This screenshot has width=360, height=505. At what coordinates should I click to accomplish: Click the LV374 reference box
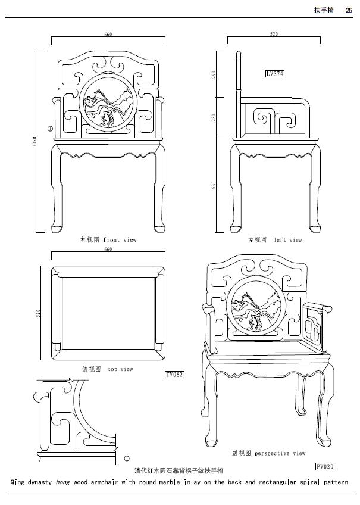point(275,74)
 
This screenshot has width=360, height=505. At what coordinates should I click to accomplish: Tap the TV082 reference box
point(174,375)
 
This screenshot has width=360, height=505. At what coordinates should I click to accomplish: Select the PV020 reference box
point(325,466)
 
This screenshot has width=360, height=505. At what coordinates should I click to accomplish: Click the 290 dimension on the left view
point(214,74)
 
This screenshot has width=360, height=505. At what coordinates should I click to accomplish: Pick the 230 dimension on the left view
point(214,117)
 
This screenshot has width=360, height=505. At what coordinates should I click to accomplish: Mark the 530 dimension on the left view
point(214,186)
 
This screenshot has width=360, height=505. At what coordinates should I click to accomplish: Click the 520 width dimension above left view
point(274,35)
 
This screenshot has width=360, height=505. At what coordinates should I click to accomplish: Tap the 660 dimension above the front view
point(108,35)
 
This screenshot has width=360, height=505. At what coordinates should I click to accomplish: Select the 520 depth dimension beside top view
point(38,313)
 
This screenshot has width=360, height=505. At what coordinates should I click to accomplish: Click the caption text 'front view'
point(120,240)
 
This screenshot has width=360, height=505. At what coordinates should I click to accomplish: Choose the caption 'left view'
point(287,240)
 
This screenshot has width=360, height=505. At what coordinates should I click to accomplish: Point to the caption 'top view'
point(120,369)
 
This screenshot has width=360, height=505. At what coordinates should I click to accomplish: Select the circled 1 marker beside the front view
point(50,127)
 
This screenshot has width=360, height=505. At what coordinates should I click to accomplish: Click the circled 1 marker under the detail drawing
point(127,459)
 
